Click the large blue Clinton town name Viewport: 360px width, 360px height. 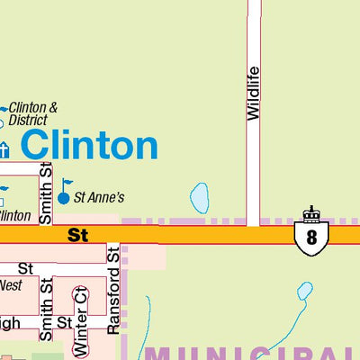[89, 145]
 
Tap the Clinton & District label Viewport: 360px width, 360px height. [33, 114]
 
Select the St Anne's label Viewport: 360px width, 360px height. [97, 195]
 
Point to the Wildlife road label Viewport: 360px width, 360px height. [253, 94]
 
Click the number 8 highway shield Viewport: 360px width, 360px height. [311, 237]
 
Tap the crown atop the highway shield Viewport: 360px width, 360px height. [311, 214]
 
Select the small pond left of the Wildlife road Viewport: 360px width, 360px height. [200, 198]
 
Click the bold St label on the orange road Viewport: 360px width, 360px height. [78, 235]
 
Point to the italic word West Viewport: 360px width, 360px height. [10, 285]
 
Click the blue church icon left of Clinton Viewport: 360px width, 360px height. [4, 148]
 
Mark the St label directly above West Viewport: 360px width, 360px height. [25, 268]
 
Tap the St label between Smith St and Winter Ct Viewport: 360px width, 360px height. [64, 321]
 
